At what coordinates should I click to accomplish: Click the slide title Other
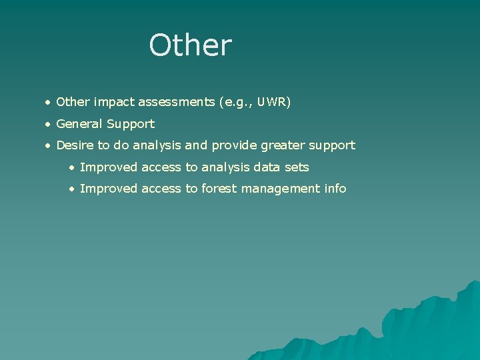pyautogui.click(x=191, y=45)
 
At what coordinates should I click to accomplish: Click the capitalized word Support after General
pyautogui.click(x=133, y=125)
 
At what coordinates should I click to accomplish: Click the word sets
pyautogui.click(x=296, y=167)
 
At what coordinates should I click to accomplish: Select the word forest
pyautogui.click(x=219, y=189)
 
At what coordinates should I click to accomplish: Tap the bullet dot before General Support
pyautogui.click(x=48, y=125)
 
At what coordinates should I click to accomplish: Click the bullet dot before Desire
pyautogui.click(x=48, y=146)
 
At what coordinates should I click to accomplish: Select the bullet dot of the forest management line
pyautogui.click(x=71, y=189)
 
